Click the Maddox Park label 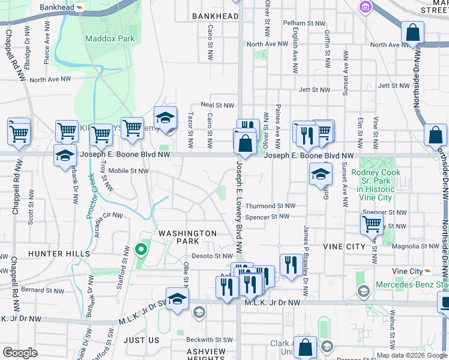tap(110, 38)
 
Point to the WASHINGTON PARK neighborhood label tap(187, 237)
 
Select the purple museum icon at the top tap(364, 7)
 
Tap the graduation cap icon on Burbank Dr tap(64, 156)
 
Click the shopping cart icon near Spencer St tap(372, 224)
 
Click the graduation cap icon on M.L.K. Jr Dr tap(177, 300)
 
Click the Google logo tap(20, 353)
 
